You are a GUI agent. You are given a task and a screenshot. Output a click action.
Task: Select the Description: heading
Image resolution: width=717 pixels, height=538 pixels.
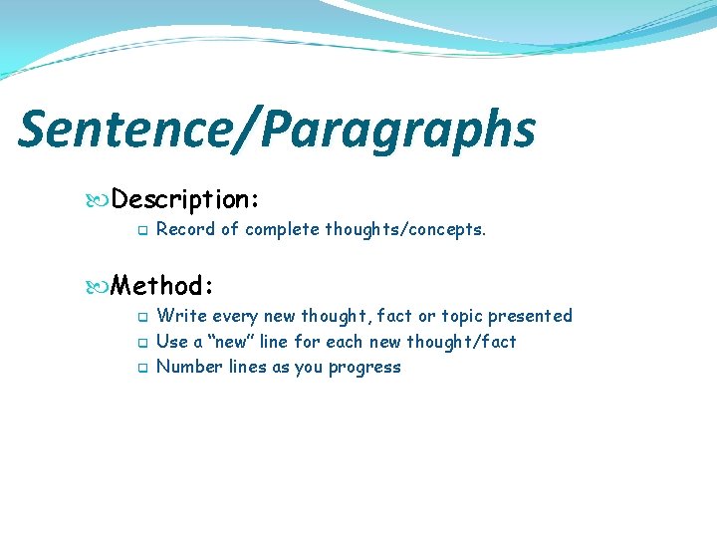(186, 200)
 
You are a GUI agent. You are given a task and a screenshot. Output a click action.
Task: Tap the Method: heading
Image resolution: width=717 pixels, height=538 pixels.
(162, 287)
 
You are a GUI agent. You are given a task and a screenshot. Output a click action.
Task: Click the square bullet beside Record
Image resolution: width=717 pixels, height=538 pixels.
(141, 230)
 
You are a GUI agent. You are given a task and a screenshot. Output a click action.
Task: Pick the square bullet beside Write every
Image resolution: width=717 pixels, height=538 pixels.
(141, 317)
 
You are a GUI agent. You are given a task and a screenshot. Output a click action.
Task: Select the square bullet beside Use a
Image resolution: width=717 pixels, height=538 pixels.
(141, 343)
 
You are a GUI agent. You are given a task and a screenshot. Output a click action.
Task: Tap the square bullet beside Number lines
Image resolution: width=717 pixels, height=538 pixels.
(141, 368)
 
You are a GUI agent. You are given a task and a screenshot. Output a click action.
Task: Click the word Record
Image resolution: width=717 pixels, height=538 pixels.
(186, 229)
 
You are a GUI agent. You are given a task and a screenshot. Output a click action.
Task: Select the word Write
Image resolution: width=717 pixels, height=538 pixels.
(181, 316)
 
